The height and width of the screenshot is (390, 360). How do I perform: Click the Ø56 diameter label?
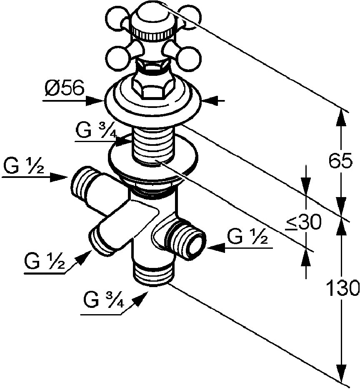[x=65, y=88]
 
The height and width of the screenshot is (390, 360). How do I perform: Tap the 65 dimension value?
[x=340, y=161]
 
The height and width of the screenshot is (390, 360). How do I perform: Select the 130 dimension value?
[x=342, y=288]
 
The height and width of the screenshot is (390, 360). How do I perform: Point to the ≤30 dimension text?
[x=303, y=222]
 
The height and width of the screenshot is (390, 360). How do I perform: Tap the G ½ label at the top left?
[x=24, y=165]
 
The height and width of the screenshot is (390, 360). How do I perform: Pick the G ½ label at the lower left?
[x=45, y=261]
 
